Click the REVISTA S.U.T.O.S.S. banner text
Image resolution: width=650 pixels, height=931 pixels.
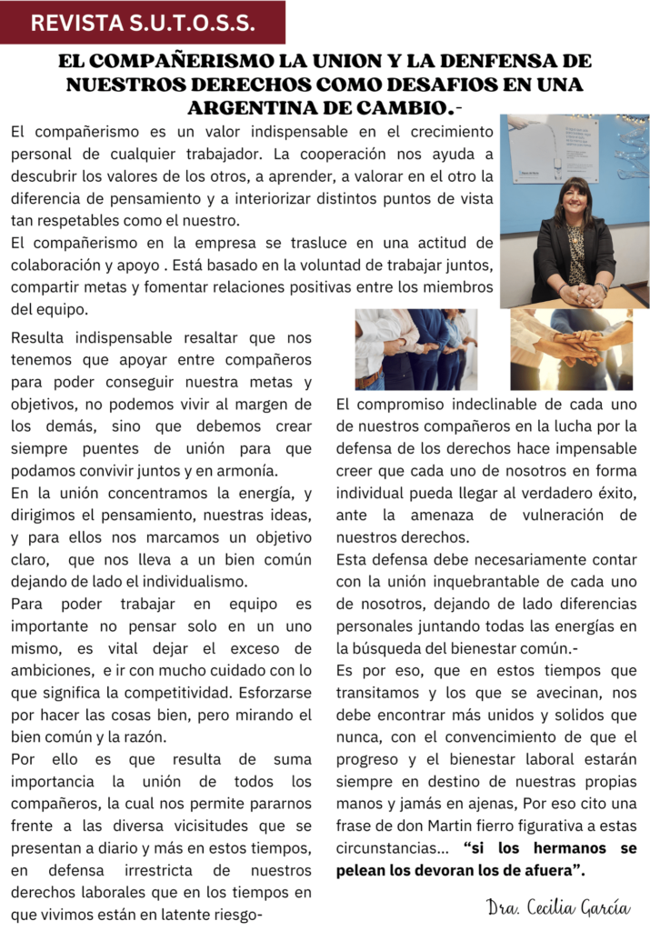[144, 24]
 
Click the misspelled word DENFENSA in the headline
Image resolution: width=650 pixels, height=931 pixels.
[528, 63]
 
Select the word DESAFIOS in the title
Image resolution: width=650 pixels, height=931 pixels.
[469, 85]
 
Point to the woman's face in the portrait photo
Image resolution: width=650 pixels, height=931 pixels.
[575, 202]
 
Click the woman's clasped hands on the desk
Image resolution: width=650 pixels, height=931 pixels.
[580, 293]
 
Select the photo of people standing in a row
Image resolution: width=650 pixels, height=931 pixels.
[415, 350]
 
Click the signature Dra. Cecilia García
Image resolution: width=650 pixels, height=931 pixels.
[557, 906]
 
